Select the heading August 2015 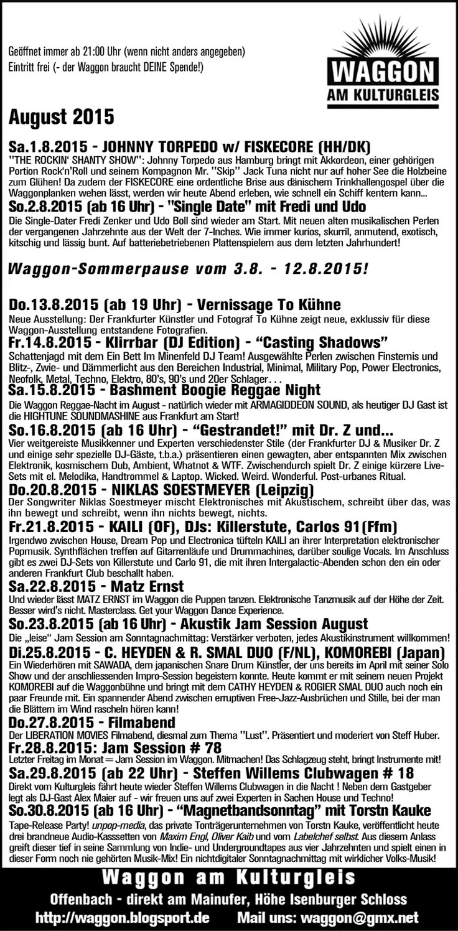pos(61,116)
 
